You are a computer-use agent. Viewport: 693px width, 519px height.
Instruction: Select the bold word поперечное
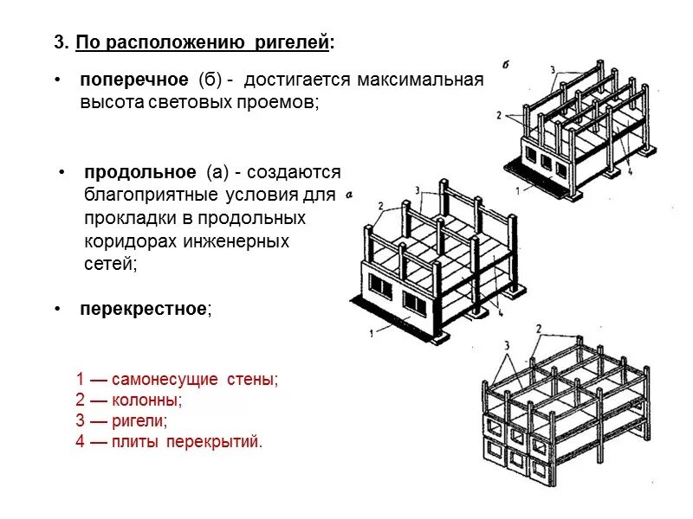pos(134,80)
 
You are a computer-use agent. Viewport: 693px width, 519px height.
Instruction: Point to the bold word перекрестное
pos(144,309)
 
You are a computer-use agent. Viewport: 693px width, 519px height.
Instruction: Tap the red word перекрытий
pos(222,442)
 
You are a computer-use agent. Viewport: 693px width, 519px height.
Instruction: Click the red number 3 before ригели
pos(81,421)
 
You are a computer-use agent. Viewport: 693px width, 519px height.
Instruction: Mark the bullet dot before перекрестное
pos(56,309)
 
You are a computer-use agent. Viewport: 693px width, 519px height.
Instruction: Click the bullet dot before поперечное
pos(56,80)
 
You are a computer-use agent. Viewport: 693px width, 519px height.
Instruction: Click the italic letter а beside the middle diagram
pos(348,195)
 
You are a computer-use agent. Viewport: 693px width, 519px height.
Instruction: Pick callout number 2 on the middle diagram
pos(379,205)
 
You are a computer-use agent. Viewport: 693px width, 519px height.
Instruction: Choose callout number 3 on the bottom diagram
pos(506,344)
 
